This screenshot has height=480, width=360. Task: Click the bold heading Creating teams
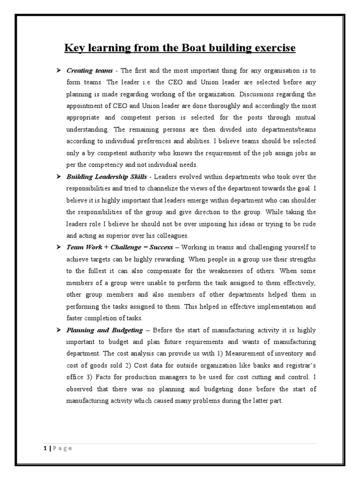pos(90,71)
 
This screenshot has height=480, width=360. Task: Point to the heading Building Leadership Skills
pos(107,177)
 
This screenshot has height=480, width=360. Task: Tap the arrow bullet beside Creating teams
pos(59,71)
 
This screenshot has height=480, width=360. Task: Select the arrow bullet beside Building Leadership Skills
pos(59,177)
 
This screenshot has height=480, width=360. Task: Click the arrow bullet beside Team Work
pos(59,247)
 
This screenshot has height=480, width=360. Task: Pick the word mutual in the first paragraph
pos(304,118)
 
